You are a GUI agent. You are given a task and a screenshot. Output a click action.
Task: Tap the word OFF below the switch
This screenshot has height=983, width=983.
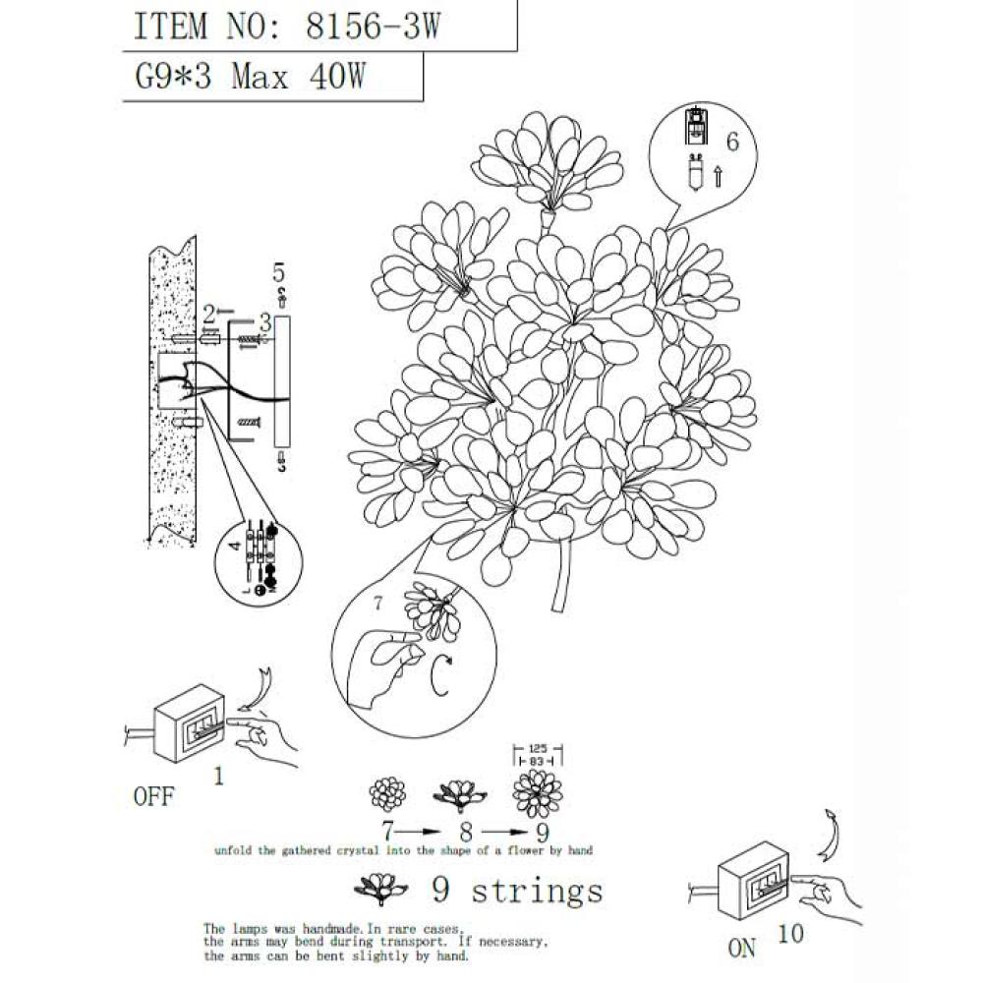153,796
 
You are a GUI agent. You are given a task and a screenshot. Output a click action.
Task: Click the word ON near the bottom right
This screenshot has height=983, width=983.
743,948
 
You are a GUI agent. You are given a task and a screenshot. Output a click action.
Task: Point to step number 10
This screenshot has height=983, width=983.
790,933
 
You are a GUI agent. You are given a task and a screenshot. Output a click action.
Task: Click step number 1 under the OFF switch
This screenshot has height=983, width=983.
218,777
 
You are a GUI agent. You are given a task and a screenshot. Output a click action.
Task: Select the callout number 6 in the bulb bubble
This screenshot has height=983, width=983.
731,142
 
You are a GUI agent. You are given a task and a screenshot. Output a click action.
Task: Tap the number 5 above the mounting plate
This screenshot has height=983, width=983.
278,271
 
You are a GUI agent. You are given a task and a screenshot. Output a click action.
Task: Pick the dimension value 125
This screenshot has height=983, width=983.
537,747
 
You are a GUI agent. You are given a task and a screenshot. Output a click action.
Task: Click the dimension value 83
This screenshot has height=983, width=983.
537,761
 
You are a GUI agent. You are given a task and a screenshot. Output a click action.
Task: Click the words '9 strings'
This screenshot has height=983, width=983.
517,892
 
